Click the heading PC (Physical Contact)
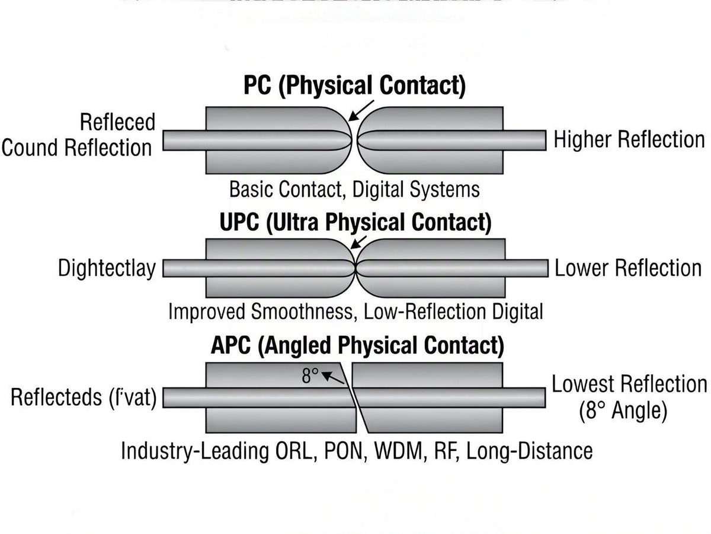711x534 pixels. coord(354,86)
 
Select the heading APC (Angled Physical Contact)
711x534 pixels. coord(357,346)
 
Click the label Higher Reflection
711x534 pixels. coord(629,140)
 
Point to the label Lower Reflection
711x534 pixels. coord(628,268)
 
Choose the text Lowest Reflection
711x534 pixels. coord(629,384)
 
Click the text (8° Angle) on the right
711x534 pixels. coord(623,411)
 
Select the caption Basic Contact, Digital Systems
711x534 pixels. coord(354,190)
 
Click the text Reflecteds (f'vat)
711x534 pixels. coord(83,398)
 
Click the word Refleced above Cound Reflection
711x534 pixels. coord(117,123)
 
